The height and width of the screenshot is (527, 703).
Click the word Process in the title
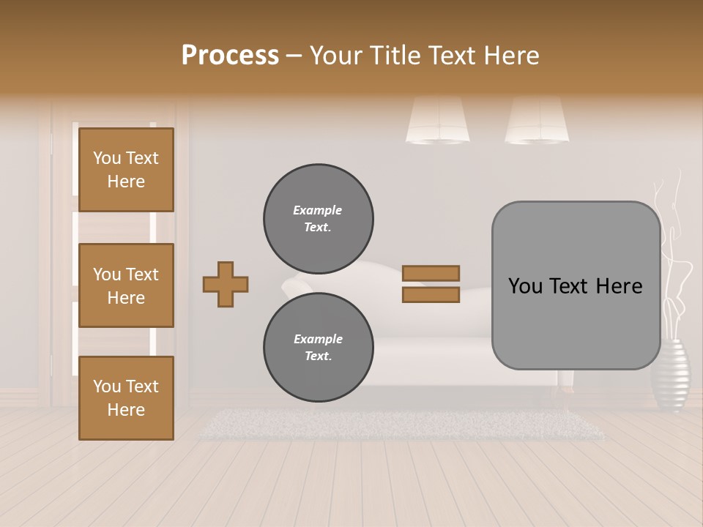[x=230, y=55]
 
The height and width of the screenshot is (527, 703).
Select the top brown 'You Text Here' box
[x=126, y=170]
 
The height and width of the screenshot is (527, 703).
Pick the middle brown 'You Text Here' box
[x=126, y=285]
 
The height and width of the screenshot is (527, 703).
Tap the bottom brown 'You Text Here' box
[x=126, y=398]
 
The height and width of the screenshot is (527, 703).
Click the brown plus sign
[x=226, y=284]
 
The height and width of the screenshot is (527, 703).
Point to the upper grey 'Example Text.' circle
[x=319, y=219]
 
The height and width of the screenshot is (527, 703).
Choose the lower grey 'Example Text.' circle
[x=319, y=348]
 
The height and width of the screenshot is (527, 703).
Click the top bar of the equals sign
[x=431, y=273]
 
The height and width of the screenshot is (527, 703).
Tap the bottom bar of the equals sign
[x=431, y=295]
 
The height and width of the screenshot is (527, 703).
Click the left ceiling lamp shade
[x=438, y=121]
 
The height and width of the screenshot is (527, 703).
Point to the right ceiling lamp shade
[x=537, y=121]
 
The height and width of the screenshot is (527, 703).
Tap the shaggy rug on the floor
[x=403, y=425]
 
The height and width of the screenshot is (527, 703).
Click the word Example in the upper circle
[x=317, y=210]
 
